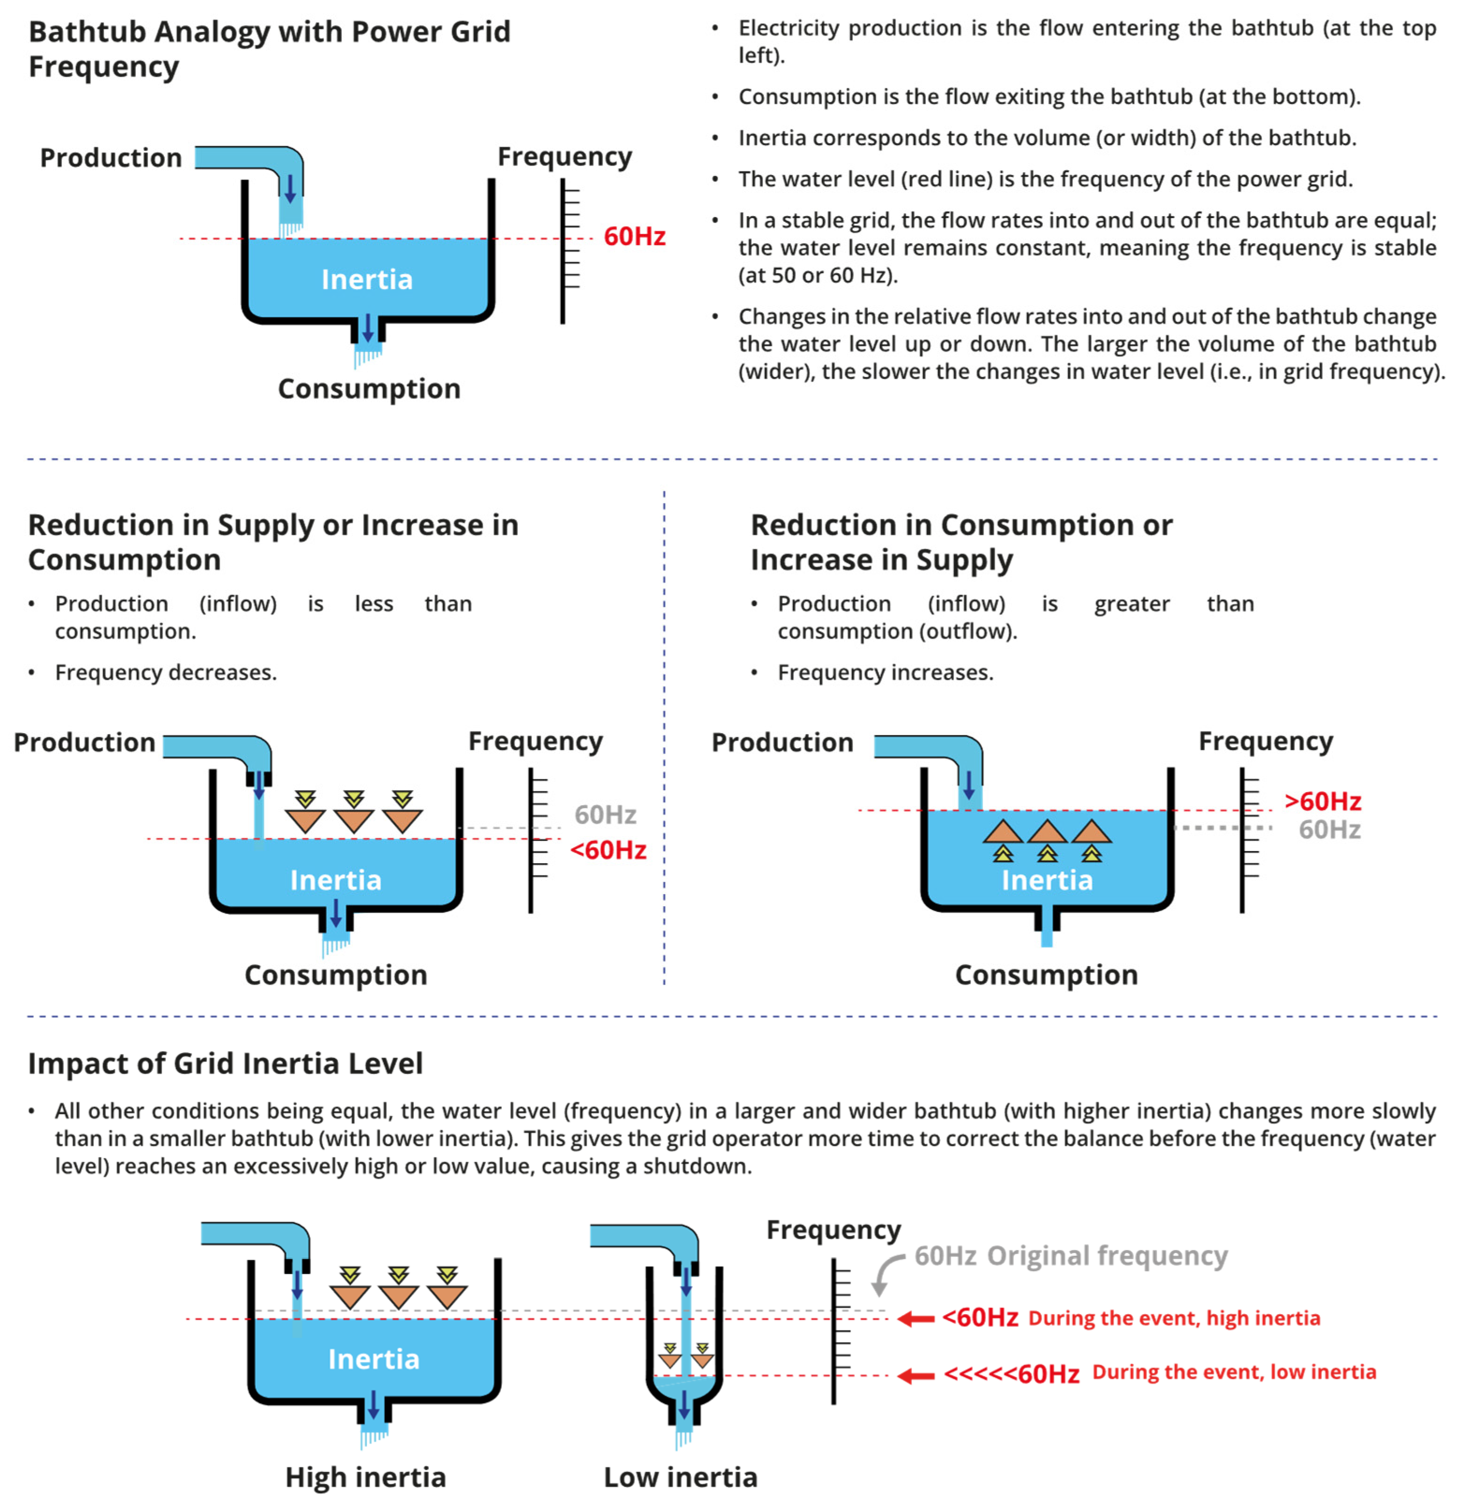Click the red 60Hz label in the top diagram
[x=634, y=236]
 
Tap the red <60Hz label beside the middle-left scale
[x=607, y=851]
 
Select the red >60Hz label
[x=1322, y=801]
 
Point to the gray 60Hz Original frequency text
[x=1070, y=1256]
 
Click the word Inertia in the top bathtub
[x=367, y=279]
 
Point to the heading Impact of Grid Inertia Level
[x=225, y=1063]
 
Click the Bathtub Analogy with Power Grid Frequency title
[x=269, y=49]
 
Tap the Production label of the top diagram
[x=111, y=158]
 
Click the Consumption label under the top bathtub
[x=369, y=389]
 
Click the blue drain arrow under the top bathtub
[x=367, y=328]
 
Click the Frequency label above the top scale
[x=564, y=156]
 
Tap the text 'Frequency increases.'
[x=885, y=673]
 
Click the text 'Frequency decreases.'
[x=165, y=673]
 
